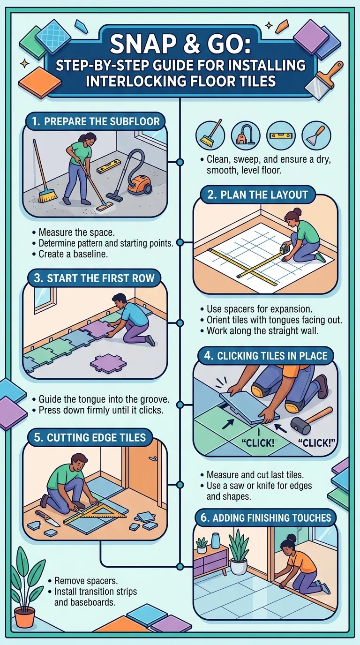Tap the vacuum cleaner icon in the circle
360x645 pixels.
[245, 135]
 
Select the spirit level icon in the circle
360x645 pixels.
[281, 135]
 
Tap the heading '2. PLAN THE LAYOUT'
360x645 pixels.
[257, 195]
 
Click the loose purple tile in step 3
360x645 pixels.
[108, 364]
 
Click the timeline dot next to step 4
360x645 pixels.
[180, 405]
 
